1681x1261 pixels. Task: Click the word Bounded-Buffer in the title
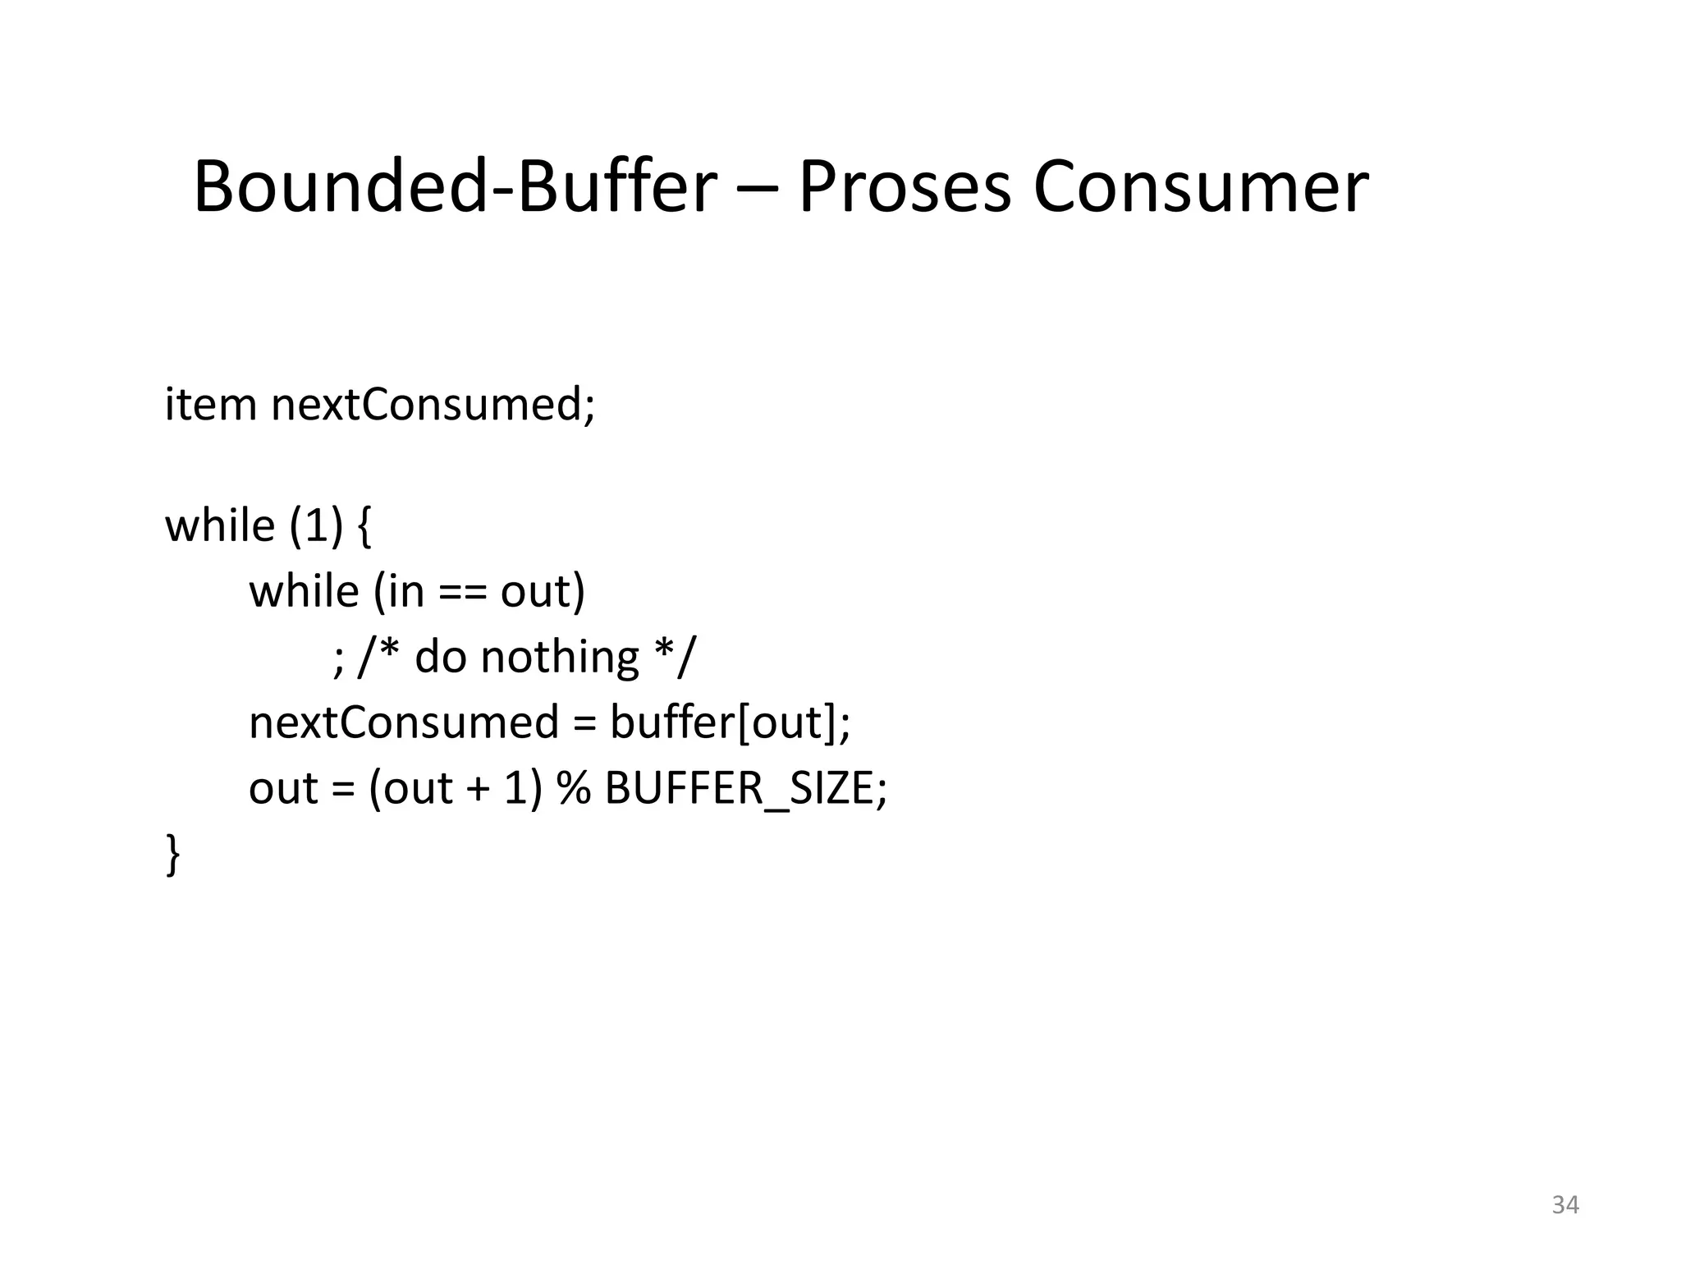455,187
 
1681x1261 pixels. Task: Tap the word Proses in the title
904,187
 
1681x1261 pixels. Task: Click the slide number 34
1565,1204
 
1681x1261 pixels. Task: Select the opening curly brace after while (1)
364,526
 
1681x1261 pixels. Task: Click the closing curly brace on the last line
173,854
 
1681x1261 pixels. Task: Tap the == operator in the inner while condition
462,592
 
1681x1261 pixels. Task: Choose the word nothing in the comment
559,658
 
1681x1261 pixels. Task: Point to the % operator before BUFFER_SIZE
574,789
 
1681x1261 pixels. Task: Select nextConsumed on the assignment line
404,723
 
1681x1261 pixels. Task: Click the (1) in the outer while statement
315,526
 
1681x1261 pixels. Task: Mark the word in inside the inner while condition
405,592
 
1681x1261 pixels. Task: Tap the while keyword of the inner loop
304,592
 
